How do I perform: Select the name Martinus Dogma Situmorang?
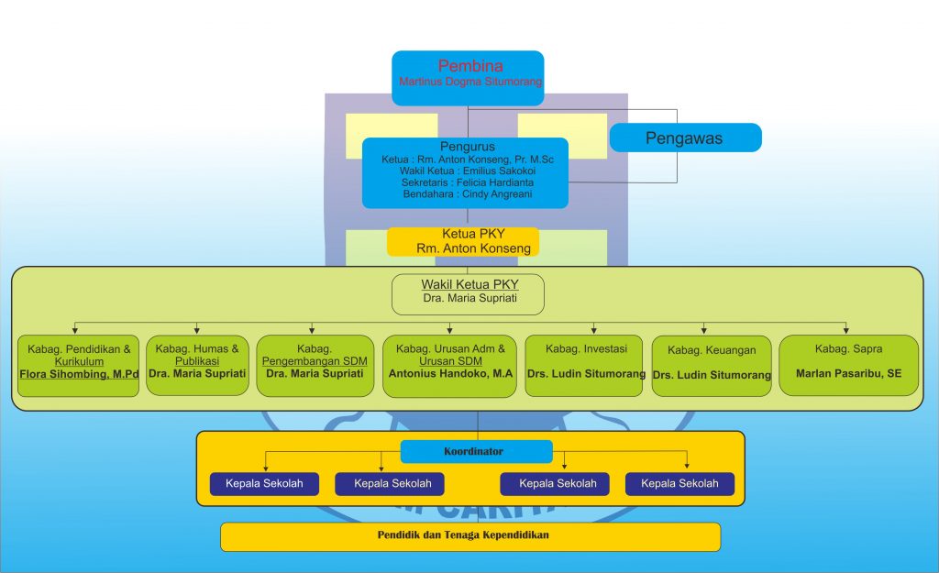[470, 82]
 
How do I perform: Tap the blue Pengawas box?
[685, 138]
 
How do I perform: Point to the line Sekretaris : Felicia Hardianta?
[465, 182]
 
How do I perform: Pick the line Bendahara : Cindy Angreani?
[465, 194]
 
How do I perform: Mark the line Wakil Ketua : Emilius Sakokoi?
[465, 171]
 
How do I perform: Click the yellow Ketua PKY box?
[463, 241]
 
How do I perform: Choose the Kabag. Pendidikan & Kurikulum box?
[78, 365]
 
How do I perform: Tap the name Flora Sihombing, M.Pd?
[79, 374]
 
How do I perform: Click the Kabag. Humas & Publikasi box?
[197, 365]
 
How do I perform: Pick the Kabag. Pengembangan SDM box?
[315, 366]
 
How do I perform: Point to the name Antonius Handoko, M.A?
[450, 374]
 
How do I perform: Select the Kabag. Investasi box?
[584, 366]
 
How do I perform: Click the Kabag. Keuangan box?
[712, 366]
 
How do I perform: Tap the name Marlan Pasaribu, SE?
[848, 374]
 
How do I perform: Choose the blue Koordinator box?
[477, 451]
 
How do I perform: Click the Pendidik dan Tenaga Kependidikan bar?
[470, 536]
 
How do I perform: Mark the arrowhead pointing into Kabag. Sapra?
[846, 329]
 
